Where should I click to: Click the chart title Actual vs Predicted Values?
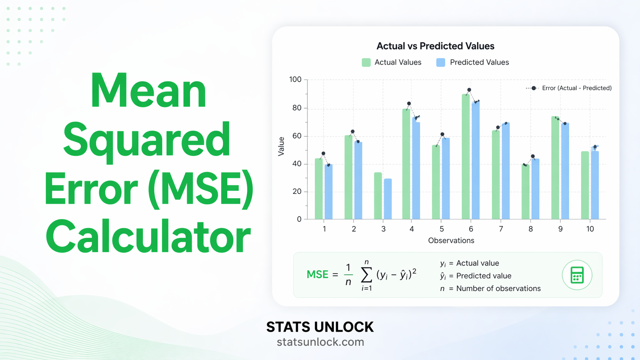point(435,46)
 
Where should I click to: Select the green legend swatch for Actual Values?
point(366,62)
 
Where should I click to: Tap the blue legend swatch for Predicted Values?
point(441,62)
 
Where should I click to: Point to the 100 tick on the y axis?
point(296,80)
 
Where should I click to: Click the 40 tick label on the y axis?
point(297,164)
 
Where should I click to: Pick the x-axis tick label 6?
point(471,229)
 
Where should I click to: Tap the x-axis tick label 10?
point(590,229)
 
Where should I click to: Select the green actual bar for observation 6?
point(465,157)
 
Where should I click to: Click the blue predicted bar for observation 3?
point(388,199)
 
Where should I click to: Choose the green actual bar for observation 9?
point(555,168)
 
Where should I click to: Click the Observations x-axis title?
point(451,241)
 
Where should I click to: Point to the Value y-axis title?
point(281,146)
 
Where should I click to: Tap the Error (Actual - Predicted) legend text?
point(576,88)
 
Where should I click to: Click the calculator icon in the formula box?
point(577,275)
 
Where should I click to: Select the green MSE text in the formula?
point(317,274)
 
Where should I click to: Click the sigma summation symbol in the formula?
point(366,274)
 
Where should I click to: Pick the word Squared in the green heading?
point(147,140)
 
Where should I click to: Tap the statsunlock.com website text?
point(320,342)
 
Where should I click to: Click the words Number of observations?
point(498,288)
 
